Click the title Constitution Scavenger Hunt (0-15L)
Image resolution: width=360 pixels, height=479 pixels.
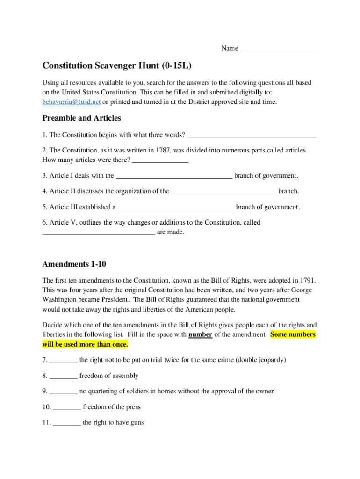(117, 65)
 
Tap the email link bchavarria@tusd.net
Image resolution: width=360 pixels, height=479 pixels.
(72, 102)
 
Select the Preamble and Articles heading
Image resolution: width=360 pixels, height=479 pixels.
(82, 118)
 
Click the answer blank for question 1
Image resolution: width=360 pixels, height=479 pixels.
(252, 136)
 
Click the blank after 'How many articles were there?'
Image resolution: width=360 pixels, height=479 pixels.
(160, 161)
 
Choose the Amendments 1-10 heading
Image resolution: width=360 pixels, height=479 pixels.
(74, 264)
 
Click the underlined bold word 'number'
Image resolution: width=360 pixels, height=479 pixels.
(201, 334)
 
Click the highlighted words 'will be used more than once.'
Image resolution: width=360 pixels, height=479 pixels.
(85, 345)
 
